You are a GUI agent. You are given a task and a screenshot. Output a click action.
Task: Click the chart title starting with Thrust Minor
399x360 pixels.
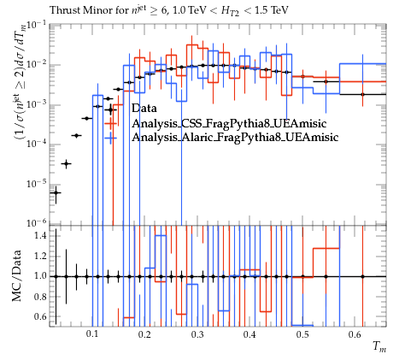click(x=169, y=10)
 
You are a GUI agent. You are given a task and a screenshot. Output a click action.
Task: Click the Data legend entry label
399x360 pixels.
click(x=144, y=109)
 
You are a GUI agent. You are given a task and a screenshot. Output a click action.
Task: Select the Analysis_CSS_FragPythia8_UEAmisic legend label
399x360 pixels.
click(x=229, y=123)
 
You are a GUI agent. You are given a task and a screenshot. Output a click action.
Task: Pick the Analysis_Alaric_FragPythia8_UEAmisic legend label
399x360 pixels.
click(x=235, y=137)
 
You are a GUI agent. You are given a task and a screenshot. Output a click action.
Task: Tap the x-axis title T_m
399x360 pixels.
click(x=379, y=346)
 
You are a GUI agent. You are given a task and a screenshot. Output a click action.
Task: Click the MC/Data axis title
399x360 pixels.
click(x=16, y=276)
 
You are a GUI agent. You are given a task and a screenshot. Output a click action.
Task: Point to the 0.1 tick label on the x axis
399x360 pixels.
click(x=92, y=334)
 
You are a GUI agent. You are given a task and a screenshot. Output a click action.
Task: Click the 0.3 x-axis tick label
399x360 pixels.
click(x=197, y=334)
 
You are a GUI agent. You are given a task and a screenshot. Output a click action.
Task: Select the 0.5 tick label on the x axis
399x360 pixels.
click(x=302, y=334)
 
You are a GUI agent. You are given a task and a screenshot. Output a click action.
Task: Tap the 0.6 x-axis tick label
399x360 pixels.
click(x=355, y=334)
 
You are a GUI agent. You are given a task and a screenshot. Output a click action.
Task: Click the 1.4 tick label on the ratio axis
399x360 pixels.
click(x=40, y=236)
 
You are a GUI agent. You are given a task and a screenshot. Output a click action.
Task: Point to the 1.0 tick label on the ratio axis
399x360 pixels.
click(x=40, y=276)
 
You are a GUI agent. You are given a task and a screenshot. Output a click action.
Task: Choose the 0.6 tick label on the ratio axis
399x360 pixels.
click(x=40, y=316)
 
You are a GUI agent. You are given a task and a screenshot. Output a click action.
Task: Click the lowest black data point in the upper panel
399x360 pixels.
click(x=56, y=193)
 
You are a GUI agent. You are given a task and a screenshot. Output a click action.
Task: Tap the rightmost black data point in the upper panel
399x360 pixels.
click(x=362, y=94)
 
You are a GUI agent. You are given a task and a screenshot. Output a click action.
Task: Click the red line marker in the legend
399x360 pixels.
click(x=110, y=124)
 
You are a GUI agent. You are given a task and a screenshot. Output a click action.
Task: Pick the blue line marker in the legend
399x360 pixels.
click(x=110, y=138)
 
